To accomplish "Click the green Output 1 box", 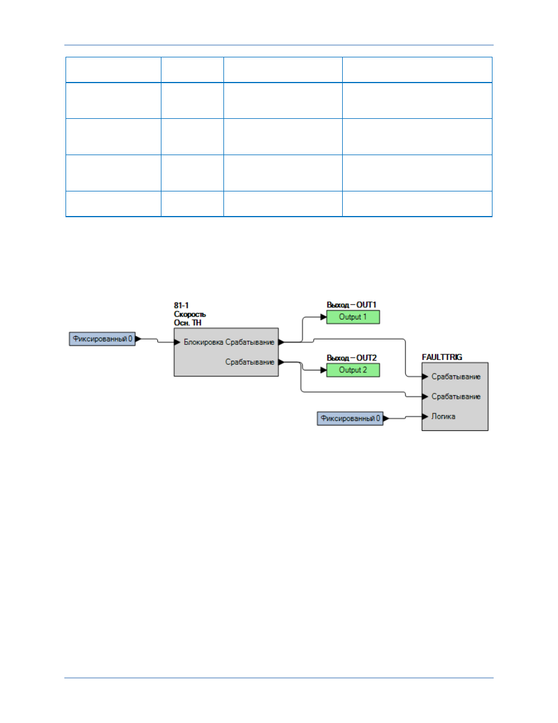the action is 353,317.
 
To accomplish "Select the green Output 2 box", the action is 353,370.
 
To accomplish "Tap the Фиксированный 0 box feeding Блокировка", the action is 102,339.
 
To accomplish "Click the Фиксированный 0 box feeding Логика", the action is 350,418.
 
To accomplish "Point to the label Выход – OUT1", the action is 352,305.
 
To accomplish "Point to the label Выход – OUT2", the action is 352,358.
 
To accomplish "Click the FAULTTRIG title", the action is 442,357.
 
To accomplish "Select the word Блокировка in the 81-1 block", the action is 204,342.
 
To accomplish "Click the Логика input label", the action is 443,417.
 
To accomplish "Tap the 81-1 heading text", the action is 181,306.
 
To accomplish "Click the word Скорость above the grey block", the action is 190,314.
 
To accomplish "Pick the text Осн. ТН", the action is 187,323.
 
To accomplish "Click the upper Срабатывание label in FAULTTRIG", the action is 456,376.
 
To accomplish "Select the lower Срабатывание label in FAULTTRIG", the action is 456,396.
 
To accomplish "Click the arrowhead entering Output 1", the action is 323,317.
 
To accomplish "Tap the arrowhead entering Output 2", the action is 323,370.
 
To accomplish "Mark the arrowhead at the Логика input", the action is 425,417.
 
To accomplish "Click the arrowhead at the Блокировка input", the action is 177,342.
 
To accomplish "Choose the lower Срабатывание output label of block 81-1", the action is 250,362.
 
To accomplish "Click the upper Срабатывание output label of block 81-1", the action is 250,342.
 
